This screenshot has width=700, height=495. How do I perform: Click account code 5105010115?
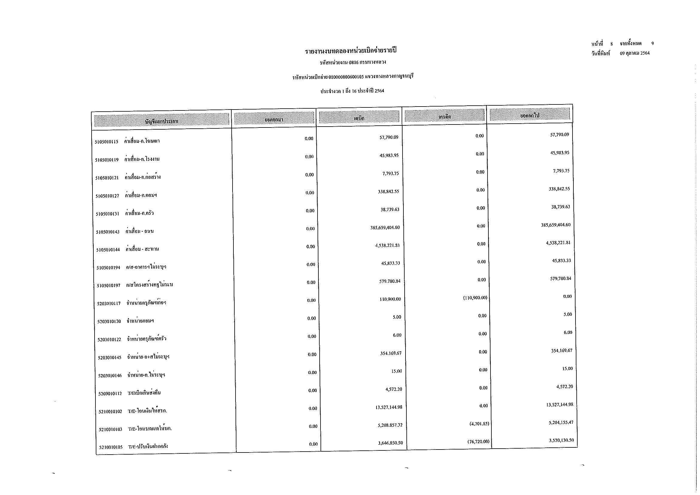pyautogui.click(x=107, y=142)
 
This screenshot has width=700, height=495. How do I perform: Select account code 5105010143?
pyautogui.click(x=108, y=232)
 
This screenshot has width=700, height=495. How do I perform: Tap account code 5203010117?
pyautogui.click(x=109, y=303)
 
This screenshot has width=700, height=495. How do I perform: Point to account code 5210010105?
pyautogui.click(x=111, y=447)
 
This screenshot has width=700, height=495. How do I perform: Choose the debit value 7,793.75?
pyautogui.click(x=391, y=174)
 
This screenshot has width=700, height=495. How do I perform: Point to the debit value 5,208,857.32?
pyautogui.click(x=390, y=425)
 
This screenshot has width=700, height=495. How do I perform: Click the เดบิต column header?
pyautogui.click(x=359, y=118)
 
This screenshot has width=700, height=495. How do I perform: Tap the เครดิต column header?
pyautogui.click(x=444, y=116)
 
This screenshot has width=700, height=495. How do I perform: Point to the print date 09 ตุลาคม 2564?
pyautogui.click(x=635, y=53)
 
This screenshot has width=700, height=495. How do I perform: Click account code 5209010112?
pyautogui.click(x=110, y=394)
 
